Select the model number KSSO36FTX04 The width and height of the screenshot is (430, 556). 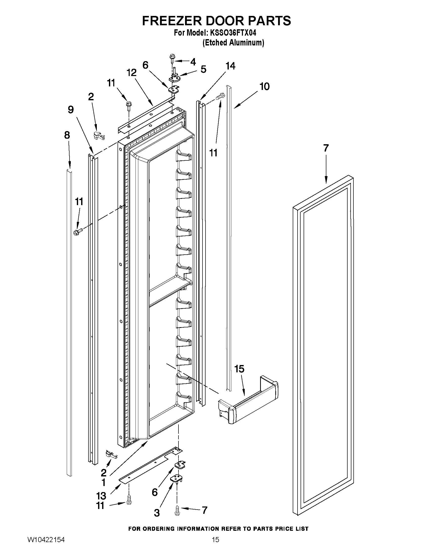click(233, 33)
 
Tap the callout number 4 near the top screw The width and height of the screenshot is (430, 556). click(193, 62)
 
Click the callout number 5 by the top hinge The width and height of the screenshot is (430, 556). click(203, 69)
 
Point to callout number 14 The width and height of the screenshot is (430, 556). click(230, 66)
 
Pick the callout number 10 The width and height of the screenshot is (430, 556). click(264, 87)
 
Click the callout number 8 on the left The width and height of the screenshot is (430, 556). click(67, 135)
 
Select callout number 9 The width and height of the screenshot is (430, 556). click(71, 110)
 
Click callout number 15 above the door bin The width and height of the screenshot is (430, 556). click(239, 369)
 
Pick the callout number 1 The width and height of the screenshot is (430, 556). click(103, 482)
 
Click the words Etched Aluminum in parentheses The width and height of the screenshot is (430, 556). click(233, 42)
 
